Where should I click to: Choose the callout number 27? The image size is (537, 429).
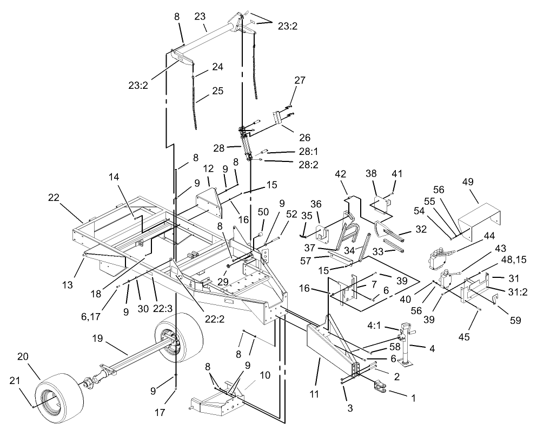point(299,80)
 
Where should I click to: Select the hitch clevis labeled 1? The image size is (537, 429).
point(382,387)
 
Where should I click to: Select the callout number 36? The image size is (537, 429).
point(315,204)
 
